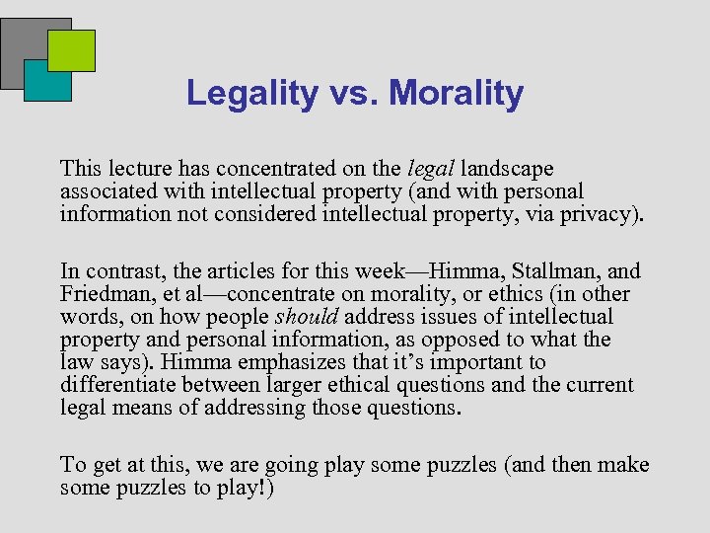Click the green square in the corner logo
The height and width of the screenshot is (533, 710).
point(72,49)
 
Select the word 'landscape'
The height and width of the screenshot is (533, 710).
point(507,169)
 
